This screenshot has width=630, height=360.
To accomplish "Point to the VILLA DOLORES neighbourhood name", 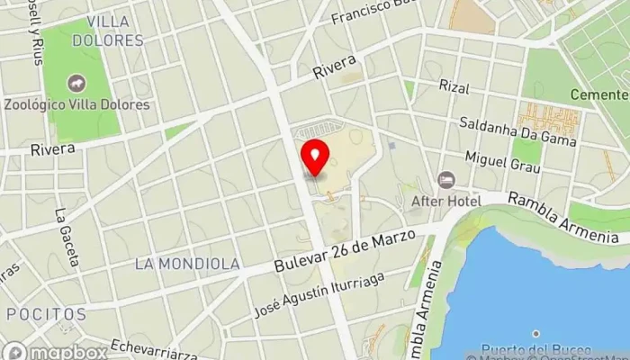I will [115, 31].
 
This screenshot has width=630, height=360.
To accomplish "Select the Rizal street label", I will [454, 85].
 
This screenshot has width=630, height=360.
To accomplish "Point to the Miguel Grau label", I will [502, 163].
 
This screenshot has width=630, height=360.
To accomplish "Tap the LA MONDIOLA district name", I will [187, 265].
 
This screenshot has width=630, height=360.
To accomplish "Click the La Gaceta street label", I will [66, 237].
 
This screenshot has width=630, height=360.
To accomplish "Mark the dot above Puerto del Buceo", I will [537, 334].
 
